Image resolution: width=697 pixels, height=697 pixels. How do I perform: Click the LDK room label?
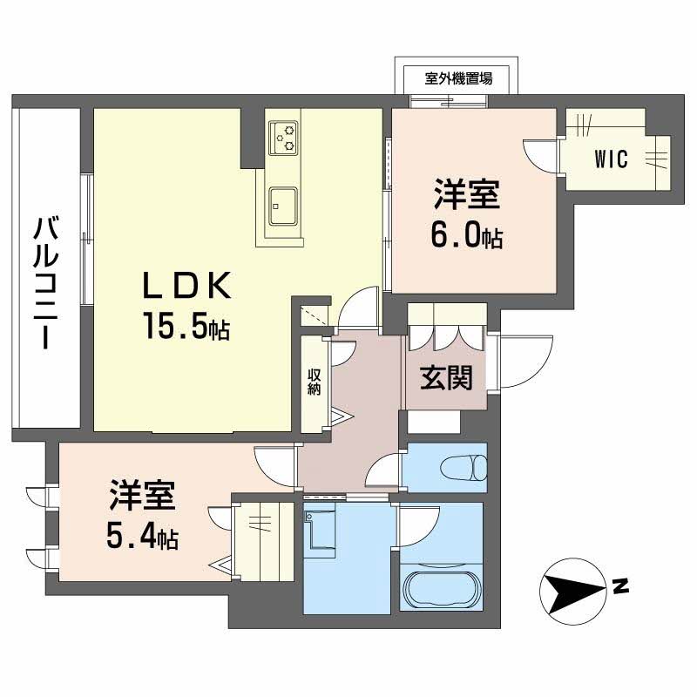click(x=186, y=285)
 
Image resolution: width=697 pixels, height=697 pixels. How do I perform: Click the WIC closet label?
click(x=612, y=159)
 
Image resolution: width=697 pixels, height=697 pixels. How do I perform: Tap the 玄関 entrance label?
click(x=446, y=378)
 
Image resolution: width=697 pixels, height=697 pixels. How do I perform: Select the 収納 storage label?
click(x=315, y=382)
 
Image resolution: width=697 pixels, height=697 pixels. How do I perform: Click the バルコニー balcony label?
click(x=47, y=282)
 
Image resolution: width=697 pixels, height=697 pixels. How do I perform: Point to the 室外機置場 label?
click(x=458, y=79)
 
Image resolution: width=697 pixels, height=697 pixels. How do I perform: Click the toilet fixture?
click(x=464, y=467)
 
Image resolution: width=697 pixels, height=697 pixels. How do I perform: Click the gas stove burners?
click(x=283, y=138)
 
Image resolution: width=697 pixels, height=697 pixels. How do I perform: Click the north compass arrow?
click(x=573, y=592)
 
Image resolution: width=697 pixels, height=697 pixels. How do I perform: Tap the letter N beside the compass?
click(x=620, y=587)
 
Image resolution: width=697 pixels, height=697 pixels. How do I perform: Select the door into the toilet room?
click(x=384, y=471)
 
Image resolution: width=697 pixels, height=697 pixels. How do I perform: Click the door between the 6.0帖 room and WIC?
click(x=540, y=156)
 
